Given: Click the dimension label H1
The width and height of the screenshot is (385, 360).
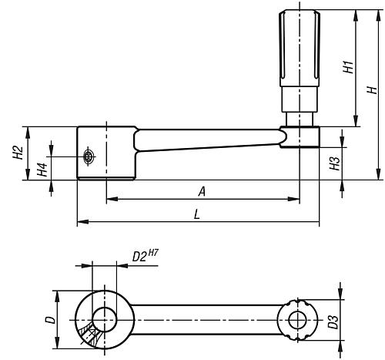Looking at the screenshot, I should click(347, 67).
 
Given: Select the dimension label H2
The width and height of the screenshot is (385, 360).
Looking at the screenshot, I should click(17, 153).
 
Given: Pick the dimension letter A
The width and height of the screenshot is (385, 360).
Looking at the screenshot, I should click(201, 190).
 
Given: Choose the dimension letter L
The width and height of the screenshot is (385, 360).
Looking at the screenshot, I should click(197, 215).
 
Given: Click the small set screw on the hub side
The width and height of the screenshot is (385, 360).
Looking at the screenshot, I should click(90, 157).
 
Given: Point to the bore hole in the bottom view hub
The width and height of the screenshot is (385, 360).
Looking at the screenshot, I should click(104, 316).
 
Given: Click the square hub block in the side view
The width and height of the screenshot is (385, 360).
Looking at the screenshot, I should click(106, 153).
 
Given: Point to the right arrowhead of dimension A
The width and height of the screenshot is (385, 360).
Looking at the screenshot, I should click(294, 199).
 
